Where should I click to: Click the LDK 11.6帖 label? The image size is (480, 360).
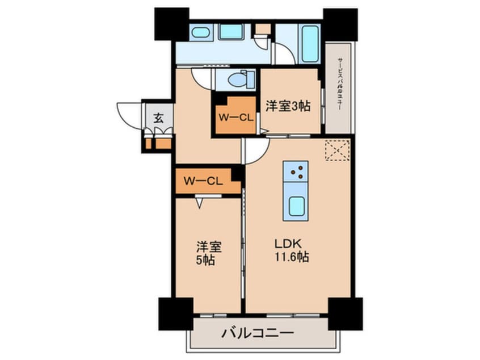coord(292,250)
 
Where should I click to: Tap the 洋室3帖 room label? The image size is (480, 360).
coord(288,105)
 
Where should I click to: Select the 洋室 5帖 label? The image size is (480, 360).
coord(208,254)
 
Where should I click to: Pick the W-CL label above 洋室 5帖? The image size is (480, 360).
coord(203,182)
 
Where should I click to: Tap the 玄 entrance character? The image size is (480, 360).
coord(158,119)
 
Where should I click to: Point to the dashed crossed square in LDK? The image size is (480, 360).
coord(336,150)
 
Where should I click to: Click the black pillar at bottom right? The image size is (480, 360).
coord(345,313)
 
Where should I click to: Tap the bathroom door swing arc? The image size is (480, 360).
coord(284,54)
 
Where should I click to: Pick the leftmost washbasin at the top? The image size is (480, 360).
coord(200,32)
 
